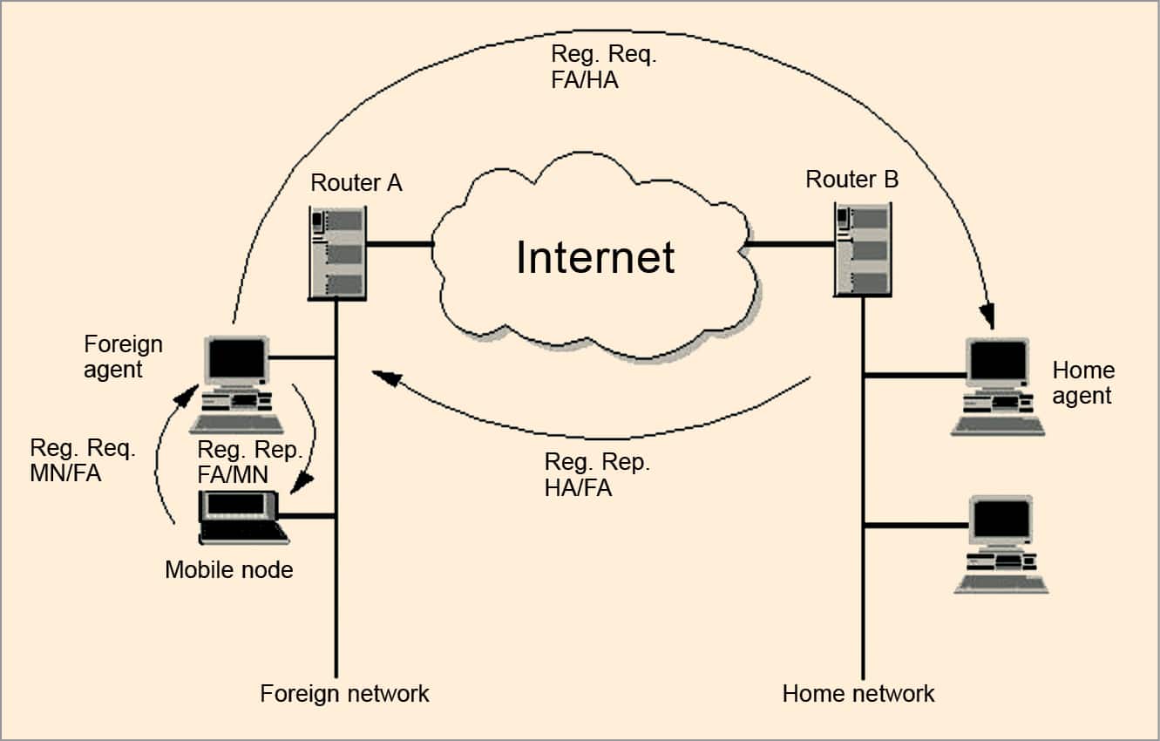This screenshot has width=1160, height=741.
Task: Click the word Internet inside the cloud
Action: click(x=595, y=257)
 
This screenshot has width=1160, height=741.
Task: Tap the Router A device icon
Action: click(x=337, y=254)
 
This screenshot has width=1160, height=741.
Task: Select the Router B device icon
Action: click(x=862, y=249)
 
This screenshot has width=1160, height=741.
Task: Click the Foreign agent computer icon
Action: click(x=237, y=384)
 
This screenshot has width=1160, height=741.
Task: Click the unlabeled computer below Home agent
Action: click(x=1001, y=545)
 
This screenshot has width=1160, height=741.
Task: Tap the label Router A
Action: click(x=356, y=183)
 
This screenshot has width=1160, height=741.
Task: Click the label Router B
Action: click(x=851, y=180)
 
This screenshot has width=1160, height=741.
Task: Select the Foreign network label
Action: click(x=344, y=694)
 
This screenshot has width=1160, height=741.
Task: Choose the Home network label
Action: click(x=858, y=694)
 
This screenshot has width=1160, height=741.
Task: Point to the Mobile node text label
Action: click(x=228, y=570)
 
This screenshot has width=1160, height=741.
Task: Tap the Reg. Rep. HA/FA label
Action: click(x=597, y=475)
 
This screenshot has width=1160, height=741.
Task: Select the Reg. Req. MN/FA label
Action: click(x=83, y=461)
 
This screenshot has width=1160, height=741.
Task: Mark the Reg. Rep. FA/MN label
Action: click(x=250, y=462)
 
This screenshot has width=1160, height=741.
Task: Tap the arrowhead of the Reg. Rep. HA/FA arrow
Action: click(x=384, y=377)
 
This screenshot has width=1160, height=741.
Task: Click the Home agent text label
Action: click(x=1083, y=383)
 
